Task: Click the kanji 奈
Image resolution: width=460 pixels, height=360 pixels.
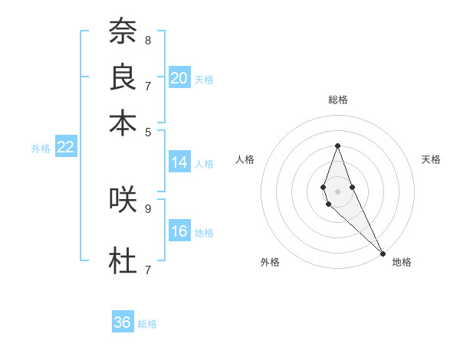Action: [123, 31]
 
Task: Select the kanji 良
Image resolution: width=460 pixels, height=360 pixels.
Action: [123, 77]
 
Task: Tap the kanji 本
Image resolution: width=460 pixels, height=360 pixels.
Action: [123, 123]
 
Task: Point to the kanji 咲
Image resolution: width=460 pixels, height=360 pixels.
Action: [123, 199]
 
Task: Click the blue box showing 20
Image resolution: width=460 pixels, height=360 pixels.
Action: [179, 78]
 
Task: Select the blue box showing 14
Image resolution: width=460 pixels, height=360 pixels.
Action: [179, 162]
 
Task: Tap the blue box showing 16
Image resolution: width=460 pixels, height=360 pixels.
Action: [179, 232]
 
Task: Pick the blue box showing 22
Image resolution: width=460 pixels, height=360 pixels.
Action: [66, 148]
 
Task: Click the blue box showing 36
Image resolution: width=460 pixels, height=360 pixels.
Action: [123, 322]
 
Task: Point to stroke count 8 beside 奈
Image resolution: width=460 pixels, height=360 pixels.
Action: [147, 40]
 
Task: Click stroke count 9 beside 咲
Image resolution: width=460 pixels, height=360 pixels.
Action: [147, 208]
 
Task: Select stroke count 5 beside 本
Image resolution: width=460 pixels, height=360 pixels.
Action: [147, 131]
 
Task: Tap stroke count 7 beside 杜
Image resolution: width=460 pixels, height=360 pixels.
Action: [147, 270]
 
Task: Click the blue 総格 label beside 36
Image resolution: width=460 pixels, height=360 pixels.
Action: [147, 324]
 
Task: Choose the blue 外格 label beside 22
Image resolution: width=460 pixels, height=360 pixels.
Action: [41, 149]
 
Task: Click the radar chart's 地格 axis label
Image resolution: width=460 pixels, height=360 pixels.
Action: [402, 262]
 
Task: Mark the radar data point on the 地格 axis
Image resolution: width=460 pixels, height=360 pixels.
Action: [382, 254]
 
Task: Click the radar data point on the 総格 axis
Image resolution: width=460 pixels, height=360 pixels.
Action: [337, 146]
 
